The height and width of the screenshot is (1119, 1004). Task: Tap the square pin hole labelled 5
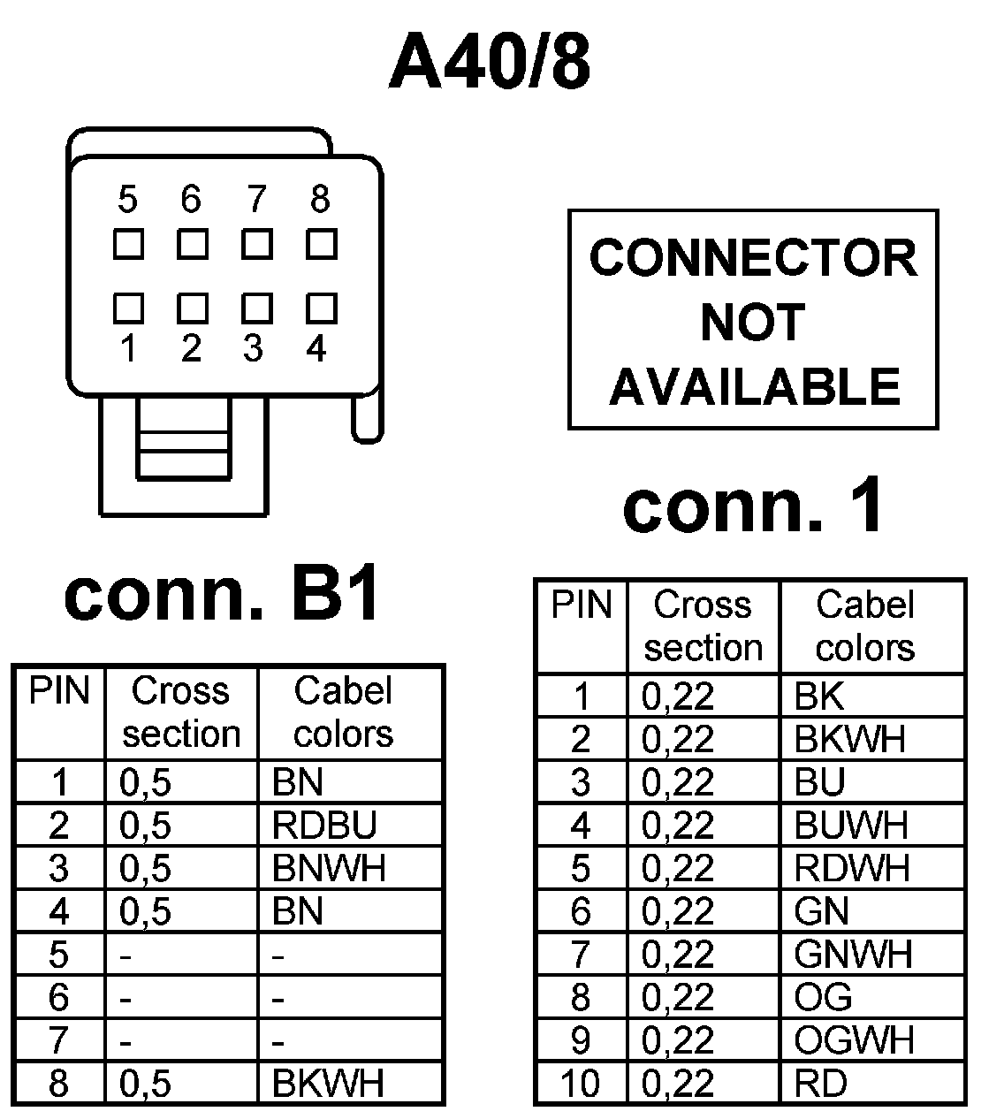[128, 244]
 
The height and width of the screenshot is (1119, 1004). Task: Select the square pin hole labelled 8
[321, 244]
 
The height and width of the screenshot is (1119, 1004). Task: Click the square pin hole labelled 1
[128, 308]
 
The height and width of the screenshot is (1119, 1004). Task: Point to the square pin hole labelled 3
[256, 308]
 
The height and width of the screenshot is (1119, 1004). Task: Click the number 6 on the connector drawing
[191, 200]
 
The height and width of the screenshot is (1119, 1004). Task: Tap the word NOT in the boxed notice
[753, 322]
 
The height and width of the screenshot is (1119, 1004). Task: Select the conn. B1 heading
[222, 595]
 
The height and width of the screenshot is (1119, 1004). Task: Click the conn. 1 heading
[753, 506]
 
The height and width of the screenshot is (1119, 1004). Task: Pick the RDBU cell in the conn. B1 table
[324, 826]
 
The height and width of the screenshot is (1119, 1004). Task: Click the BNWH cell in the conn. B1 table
[329, 869]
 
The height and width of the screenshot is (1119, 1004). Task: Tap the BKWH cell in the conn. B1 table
[329, 1083]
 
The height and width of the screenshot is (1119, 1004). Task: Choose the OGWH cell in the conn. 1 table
[854, 1040]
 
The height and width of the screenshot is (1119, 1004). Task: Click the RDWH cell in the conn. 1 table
[852, 869]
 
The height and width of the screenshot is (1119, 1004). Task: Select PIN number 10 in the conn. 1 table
[580, 1083]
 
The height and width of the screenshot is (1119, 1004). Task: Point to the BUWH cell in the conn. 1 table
[851, 826]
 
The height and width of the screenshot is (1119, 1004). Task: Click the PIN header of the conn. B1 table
[59, 691]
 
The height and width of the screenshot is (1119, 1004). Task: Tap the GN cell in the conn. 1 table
[821, 911]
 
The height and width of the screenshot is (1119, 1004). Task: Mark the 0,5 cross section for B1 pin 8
[145, 1083]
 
